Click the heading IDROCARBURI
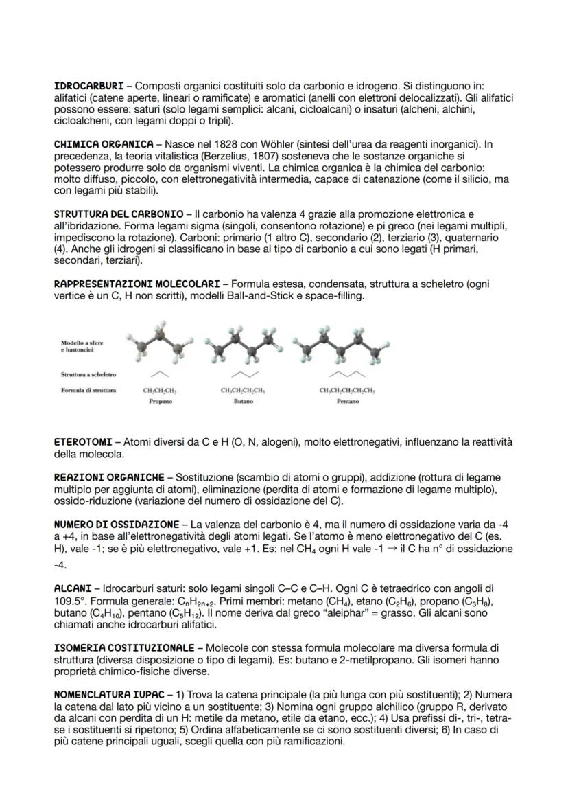88,86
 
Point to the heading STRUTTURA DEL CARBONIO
118,214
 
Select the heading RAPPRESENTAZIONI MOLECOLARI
137,283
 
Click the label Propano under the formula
161,402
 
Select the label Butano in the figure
243,402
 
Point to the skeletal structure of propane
160,374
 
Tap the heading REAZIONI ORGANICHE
109,476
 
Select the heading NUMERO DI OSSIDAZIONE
117,524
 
